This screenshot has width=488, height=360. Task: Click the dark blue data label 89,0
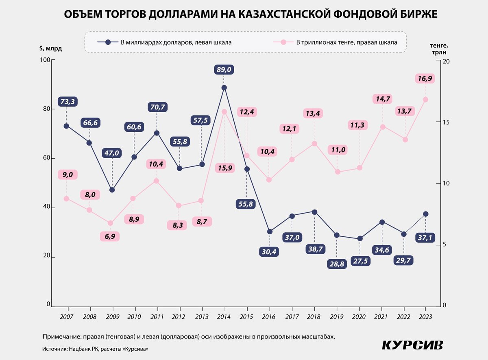pos(224,70)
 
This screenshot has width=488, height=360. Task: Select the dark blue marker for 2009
pos(112,190)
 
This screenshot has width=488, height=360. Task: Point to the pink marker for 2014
pos(224,111)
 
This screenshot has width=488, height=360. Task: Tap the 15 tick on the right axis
pos(444,122)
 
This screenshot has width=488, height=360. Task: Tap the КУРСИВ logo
pos(412,345)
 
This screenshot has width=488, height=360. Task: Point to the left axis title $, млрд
pos(50,48)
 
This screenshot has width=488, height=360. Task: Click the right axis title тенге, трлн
pos(438,49)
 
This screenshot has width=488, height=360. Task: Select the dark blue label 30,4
pos(269,251)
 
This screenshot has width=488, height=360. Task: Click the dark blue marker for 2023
pos(426,214)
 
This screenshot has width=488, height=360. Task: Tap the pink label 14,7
pos(382,99)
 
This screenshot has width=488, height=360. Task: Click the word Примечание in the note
pos(61,337)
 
